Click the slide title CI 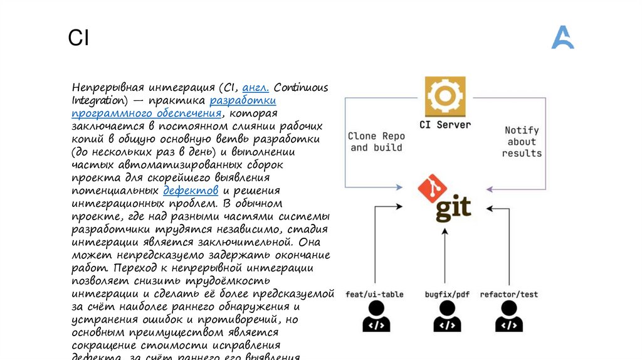78,39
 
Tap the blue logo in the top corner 562,38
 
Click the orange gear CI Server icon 445,97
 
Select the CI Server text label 445,125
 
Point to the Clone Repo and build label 376,142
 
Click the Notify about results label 522,142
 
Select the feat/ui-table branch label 374,294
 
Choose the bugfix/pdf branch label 446,294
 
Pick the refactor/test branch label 508,294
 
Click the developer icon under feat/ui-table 376,317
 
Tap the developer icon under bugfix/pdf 446,317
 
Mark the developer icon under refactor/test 508,317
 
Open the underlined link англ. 255,87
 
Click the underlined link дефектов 191,191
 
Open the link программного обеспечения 147,114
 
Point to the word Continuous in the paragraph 300,87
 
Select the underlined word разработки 243,100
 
